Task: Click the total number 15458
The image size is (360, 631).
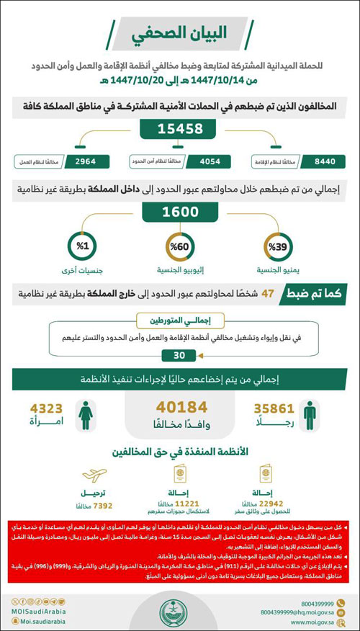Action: tap(181, 130)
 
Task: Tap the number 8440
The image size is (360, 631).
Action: tap(316, 161)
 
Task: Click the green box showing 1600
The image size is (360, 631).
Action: tap(180, 214)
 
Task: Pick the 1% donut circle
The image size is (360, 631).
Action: tap(83, 246)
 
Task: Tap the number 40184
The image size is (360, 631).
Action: tap(180, 408)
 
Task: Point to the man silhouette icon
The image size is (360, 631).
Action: tap(308, 415)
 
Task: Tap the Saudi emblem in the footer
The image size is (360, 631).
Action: tap(179, 613)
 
